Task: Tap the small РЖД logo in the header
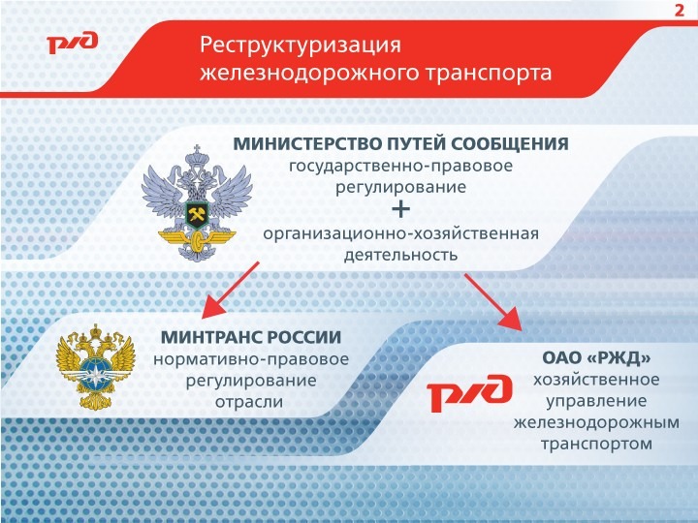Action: pos(71,44)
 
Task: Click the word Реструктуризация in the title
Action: pos(300,45)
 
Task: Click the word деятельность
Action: pos(399,256)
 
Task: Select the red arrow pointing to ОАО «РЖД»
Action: pos(495,304)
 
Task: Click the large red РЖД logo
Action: pos(470,392)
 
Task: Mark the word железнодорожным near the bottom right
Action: pos(595,422)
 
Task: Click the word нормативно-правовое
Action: pos(250,359)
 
